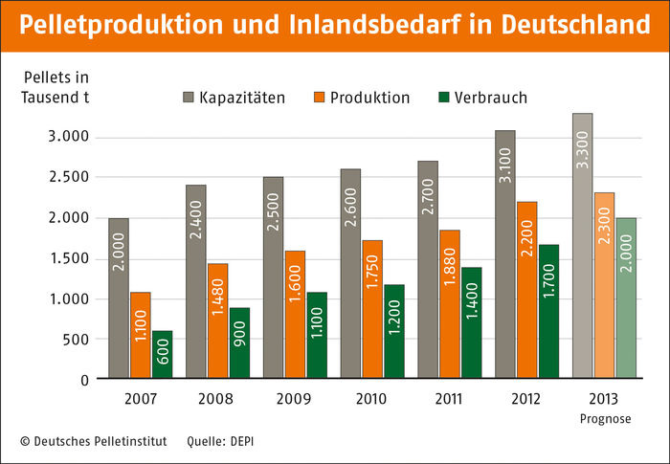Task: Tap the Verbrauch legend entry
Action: tap(483, 98)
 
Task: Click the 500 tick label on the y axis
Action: tap(76, 339)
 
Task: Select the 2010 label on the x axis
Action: tap(371, 396)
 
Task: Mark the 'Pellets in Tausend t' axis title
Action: tap(56, 85)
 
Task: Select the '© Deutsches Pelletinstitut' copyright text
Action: tap(93, 441)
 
